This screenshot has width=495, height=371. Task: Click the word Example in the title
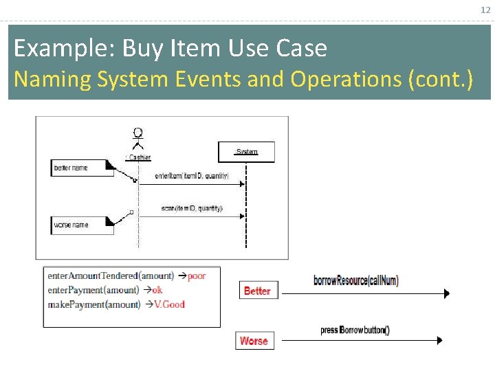pos(65,49)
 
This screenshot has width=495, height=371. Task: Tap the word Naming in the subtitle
pos(52,80)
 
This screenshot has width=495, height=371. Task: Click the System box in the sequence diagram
pos(246,152)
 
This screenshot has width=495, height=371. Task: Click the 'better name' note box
pos(82,168)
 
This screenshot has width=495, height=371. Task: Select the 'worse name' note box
pos(82,225)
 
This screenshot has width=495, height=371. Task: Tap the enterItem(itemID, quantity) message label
pos(192,177)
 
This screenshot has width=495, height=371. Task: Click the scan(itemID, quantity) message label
pos(192,208)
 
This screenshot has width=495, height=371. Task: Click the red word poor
pos(197,276)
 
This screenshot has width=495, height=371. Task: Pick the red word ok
pos(157,291)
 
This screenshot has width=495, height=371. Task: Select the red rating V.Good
pos(169,304)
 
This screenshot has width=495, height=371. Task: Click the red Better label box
pos(256,291)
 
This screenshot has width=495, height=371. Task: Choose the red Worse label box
pos(254,341)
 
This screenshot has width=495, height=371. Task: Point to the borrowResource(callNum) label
pos(355,280)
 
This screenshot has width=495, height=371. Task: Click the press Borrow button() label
pos(355,330)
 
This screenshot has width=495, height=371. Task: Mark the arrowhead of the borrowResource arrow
pos(447,294)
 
